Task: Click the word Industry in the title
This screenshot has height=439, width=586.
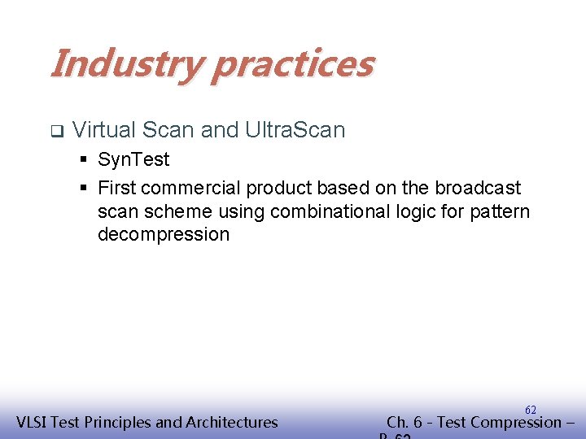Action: pos(125,63)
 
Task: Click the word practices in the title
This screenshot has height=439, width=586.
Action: pos(294,63)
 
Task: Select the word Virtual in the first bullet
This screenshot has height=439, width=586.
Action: pos(103,129)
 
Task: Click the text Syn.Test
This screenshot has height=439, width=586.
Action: pos(133,159)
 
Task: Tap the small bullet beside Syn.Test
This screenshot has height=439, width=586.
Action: pos(84,160)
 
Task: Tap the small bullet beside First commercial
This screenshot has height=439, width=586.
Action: pos(84,189)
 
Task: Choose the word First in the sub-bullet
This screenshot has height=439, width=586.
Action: pos(116,188)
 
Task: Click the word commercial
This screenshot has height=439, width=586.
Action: pos(190,188)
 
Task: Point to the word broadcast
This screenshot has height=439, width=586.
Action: pos(478,188)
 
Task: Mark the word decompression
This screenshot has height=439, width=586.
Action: pos(164,235)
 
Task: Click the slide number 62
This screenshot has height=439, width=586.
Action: pos(531,409)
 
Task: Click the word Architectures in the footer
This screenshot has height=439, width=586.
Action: pos(232,422)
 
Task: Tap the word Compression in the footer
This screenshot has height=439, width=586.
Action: pos(511,422)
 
